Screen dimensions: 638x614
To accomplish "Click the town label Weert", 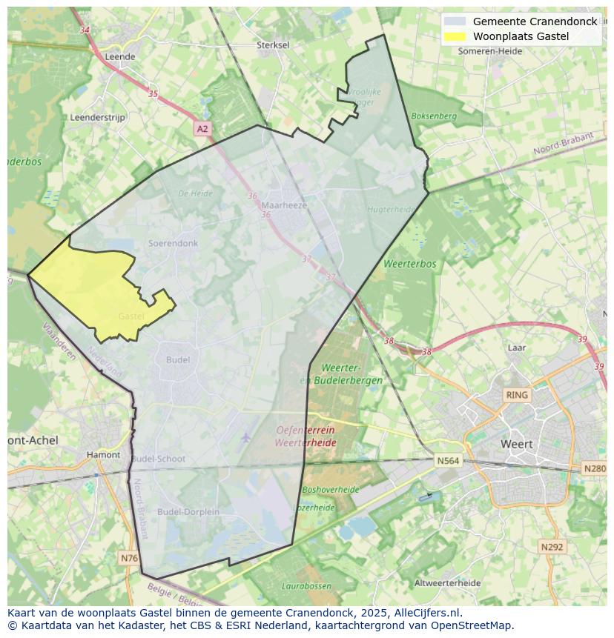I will (x=517, y=444).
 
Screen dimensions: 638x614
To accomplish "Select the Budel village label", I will (x=178, y=359).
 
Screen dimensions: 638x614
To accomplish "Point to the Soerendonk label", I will (x=173, y=243).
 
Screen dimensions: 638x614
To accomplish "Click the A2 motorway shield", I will (x=202, y=129).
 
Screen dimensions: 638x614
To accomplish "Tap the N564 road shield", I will (x=448, y=460).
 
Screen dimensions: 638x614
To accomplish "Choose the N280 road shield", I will (x=594, y=468).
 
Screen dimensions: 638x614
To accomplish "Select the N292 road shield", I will (x=552, y=547).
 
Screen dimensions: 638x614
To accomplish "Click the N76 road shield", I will (x=128, y=557).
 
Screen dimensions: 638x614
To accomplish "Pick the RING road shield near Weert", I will (x=516, y=395).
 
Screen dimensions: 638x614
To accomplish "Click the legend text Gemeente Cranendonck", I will (x=535, y=21).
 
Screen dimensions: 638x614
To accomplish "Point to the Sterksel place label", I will (x=273, y=45).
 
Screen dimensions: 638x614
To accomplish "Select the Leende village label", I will (x=120, y=56).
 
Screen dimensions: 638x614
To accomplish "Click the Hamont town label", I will (x=103, y=455).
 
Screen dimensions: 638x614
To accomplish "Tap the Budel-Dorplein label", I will (x=188, y=511).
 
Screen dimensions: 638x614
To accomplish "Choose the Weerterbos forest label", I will (x=410, y=264).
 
